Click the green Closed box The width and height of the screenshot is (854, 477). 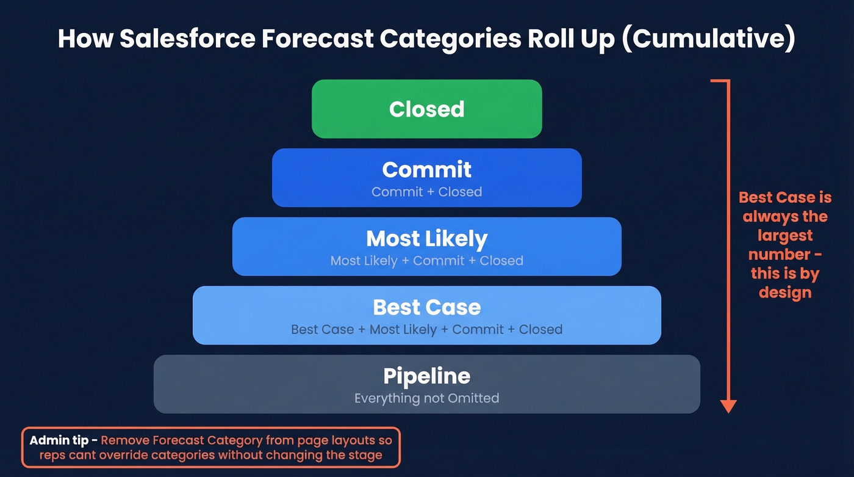point(426,109)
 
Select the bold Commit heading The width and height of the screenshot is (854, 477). point(426,169)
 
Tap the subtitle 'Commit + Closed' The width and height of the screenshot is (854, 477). point(426,192)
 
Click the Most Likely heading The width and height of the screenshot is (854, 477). point(426,238)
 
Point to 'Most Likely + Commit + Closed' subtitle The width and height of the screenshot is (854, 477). point(426,261)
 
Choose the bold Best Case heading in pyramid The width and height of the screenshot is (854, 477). point(426,307)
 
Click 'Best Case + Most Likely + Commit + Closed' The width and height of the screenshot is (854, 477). point(426,330)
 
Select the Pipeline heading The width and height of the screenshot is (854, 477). point(426,376)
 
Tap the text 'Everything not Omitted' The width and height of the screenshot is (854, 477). point(426,398)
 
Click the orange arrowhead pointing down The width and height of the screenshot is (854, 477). point(728,406)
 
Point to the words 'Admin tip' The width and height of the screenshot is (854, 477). point(59,440)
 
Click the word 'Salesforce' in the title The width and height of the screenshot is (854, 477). point(184,39)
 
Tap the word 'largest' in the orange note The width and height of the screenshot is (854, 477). point(785,236)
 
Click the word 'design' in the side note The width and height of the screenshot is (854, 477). point(785,293)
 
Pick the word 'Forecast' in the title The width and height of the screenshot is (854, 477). point(315,39)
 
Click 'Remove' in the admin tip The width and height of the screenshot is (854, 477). point(125,440)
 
